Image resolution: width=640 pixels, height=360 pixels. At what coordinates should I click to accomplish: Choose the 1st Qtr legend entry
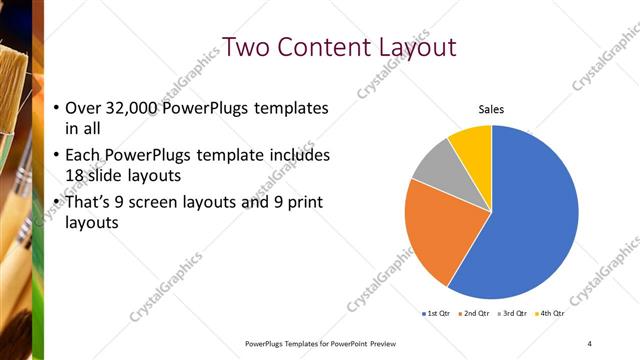click(437, 313)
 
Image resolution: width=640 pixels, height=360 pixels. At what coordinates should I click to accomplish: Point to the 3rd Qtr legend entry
click(513, 313)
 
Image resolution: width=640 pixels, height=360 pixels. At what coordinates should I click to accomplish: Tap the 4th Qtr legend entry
click(551, 313)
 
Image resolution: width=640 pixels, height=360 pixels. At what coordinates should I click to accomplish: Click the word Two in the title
click(246, 47)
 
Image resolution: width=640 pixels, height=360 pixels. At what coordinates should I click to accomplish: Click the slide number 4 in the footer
click(590, 343)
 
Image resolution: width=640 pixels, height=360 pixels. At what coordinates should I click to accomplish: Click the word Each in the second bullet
click(82, 156)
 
